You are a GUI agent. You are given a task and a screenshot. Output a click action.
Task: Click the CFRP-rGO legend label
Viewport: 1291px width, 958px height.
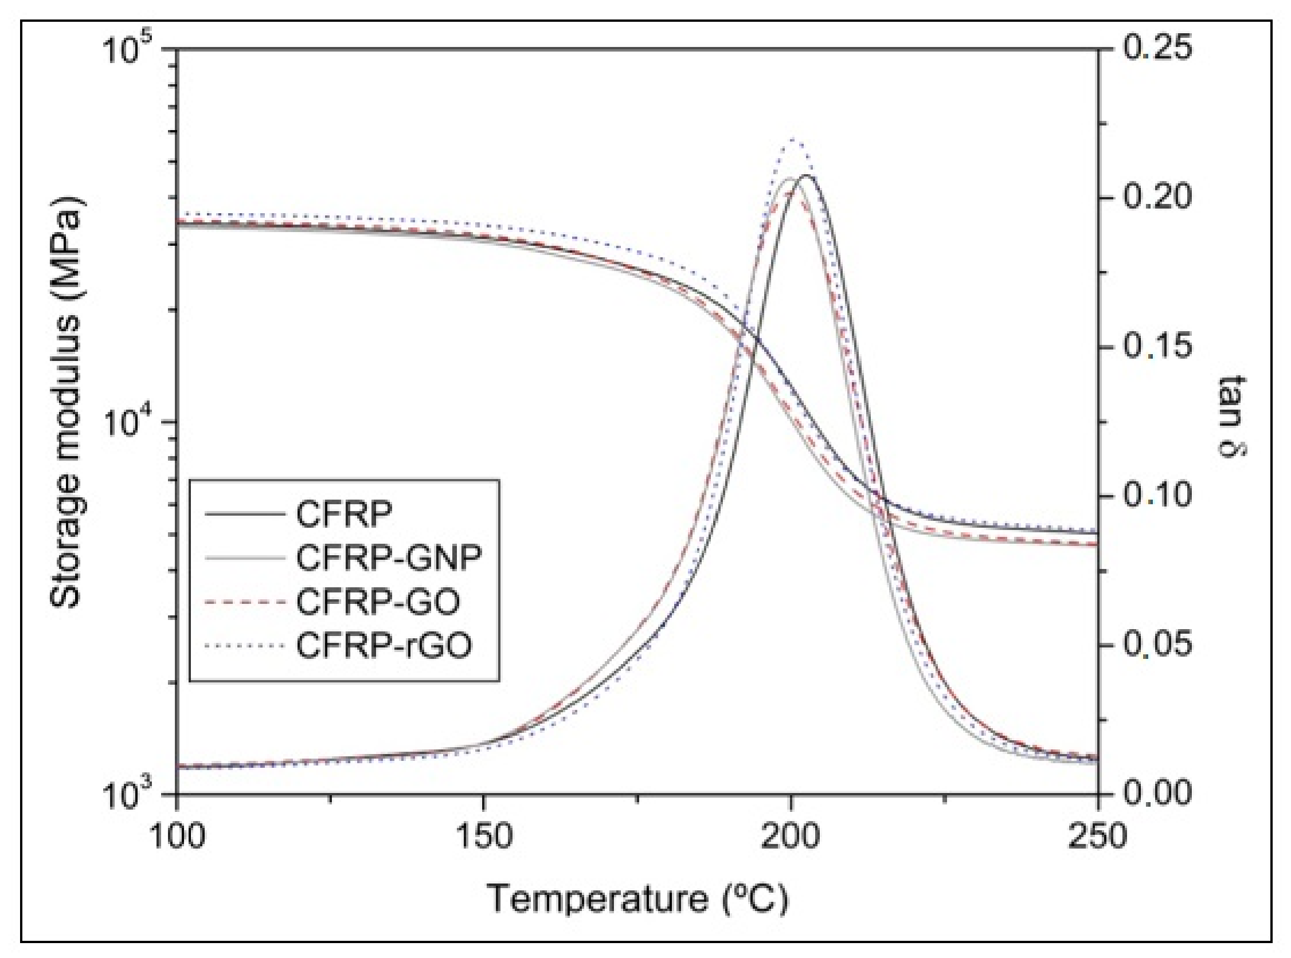384,646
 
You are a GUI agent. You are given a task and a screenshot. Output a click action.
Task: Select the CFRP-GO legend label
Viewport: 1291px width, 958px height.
378,602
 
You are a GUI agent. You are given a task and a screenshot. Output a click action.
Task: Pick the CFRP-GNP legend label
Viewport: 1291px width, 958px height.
389,557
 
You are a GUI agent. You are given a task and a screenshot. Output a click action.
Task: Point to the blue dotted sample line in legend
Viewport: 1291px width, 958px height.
245,646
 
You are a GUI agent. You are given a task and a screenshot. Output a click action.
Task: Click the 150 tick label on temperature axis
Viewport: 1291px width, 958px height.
483,837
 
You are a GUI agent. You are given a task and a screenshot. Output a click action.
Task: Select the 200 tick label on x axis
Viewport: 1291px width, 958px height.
790,837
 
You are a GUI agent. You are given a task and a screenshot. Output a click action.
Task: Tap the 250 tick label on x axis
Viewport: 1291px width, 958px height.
1097,837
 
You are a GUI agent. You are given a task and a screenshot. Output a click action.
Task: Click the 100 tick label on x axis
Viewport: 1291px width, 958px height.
177,837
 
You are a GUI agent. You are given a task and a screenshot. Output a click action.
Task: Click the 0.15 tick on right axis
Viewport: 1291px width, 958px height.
1157,347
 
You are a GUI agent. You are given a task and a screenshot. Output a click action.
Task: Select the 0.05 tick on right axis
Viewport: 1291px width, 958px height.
1157,644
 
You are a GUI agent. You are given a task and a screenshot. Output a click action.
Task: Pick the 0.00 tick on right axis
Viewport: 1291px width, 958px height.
1157,793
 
